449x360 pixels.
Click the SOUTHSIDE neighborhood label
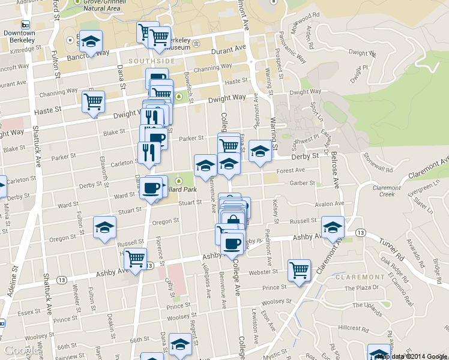click(151, 61)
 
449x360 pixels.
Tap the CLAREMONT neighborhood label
click(360, 277)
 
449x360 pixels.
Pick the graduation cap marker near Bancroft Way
click(91, 41)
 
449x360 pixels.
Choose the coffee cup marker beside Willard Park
click(150, 188)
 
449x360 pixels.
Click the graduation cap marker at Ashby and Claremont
click(333, 227)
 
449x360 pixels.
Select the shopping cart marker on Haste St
click(94, 101)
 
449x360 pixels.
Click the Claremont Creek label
click(387, 191)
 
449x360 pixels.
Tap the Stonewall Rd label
click(377, 162)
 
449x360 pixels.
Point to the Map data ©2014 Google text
click(412, 356)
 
